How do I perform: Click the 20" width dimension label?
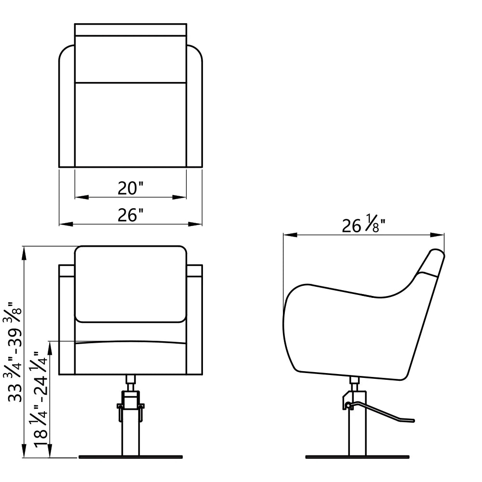pyautogui.click(x=131, y=188)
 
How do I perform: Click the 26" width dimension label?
pyautogui.click(x=131, y=215)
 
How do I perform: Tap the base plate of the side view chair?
pyautogui.click(x=357, y=457)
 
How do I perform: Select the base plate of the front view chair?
pyautogui.click(x=131, y=457)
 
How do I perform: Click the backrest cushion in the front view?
pyautogui.click(x=131, y=284)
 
